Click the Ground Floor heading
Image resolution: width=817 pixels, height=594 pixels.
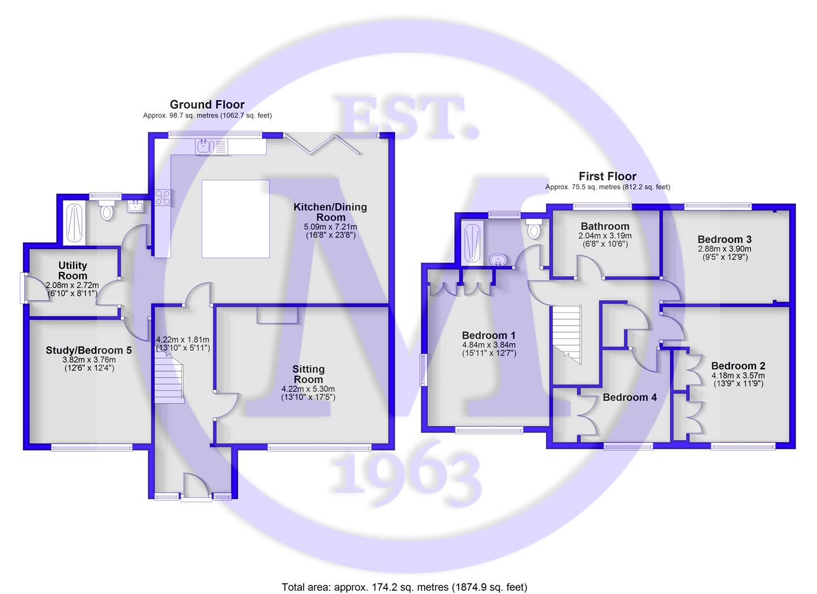207,105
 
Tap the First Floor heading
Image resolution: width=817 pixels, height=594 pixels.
607,177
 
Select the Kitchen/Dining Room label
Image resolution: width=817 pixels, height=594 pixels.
331,212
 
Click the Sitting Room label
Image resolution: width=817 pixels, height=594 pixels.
308,374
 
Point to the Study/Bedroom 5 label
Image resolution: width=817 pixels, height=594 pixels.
89,350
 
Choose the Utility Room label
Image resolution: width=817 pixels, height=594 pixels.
73,270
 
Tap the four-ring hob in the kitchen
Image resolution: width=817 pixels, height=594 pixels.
163,197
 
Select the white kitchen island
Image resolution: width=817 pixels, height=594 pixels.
235,219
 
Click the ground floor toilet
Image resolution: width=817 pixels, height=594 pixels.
107,210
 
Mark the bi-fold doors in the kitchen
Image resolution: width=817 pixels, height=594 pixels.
324,144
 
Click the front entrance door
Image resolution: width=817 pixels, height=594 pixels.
196,485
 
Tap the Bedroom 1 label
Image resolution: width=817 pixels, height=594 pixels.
489,335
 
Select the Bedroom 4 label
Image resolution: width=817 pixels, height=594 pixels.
630,398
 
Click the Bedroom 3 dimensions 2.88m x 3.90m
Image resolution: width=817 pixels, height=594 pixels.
725,249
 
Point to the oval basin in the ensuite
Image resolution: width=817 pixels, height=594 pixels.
497,260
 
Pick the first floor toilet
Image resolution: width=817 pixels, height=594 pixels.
534,228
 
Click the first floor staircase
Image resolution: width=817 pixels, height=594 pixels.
567,334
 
